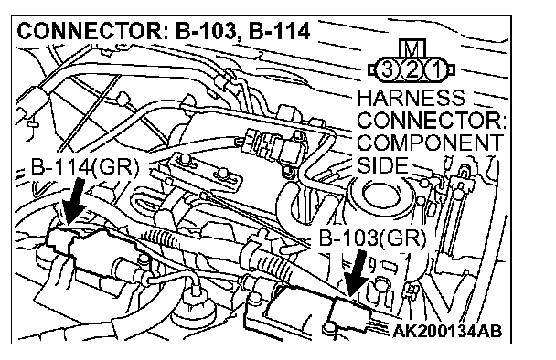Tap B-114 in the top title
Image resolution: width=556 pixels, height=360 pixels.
click(x=279, y=31)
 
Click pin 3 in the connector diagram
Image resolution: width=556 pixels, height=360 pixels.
click(x=386, y=69)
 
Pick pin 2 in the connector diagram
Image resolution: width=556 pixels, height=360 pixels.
click(x=412, y=69)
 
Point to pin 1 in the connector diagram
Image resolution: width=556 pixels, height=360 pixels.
click(x=436, y=69)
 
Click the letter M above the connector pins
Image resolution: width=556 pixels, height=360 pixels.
click(x=412, y=48)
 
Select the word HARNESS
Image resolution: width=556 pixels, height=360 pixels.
click(x=412, y=98)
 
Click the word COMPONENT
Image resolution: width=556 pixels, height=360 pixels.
click(x=430, y=143)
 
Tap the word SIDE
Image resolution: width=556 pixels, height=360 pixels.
click(x=383, y=164)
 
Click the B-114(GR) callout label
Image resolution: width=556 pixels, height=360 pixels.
click(x=85, y=166)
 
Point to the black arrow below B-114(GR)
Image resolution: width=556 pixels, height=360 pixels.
click(x=73, y=201)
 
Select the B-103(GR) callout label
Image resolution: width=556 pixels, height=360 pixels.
click(x=372, y=238)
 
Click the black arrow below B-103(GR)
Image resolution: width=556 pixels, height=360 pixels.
click(x=358, y=273)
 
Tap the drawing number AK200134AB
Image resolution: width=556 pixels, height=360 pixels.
click(x=448, y=331)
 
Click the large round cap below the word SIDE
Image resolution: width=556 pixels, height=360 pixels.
click(x=380, y=196)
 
